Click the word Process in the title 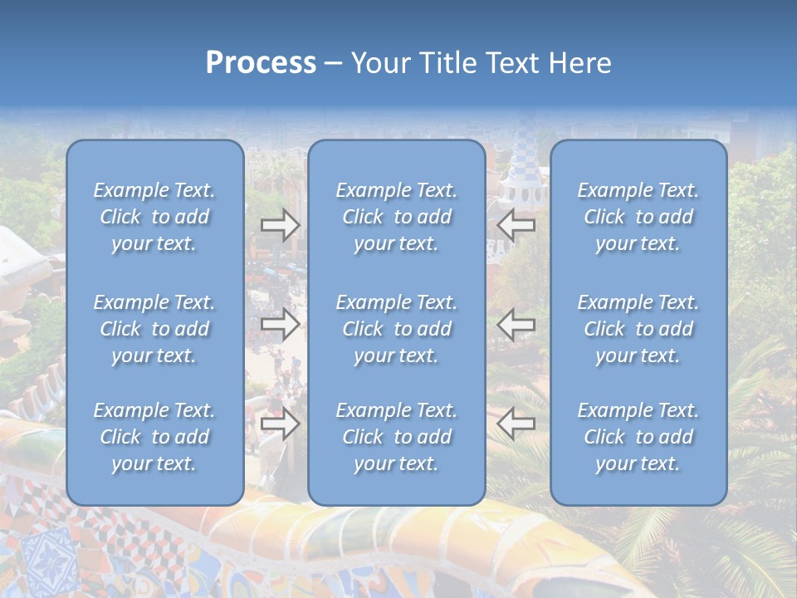[261, 63]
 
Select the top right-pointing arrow [281, 225]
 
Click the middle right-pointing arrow [281, 324]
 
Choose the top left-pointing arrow [516, 225]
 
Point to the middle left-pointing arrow [516, 324]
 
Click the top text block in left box [154, 217]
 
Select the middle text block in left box [154, 329]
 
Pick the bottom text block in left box [154, 437]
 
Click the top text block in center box [397, 217]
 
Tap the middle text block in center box [397, 329]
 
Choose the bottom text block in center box [397, 437]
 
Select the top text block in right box [638, 217]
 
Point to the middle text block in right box [638, 329]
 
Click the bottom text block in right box [638, 437]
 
